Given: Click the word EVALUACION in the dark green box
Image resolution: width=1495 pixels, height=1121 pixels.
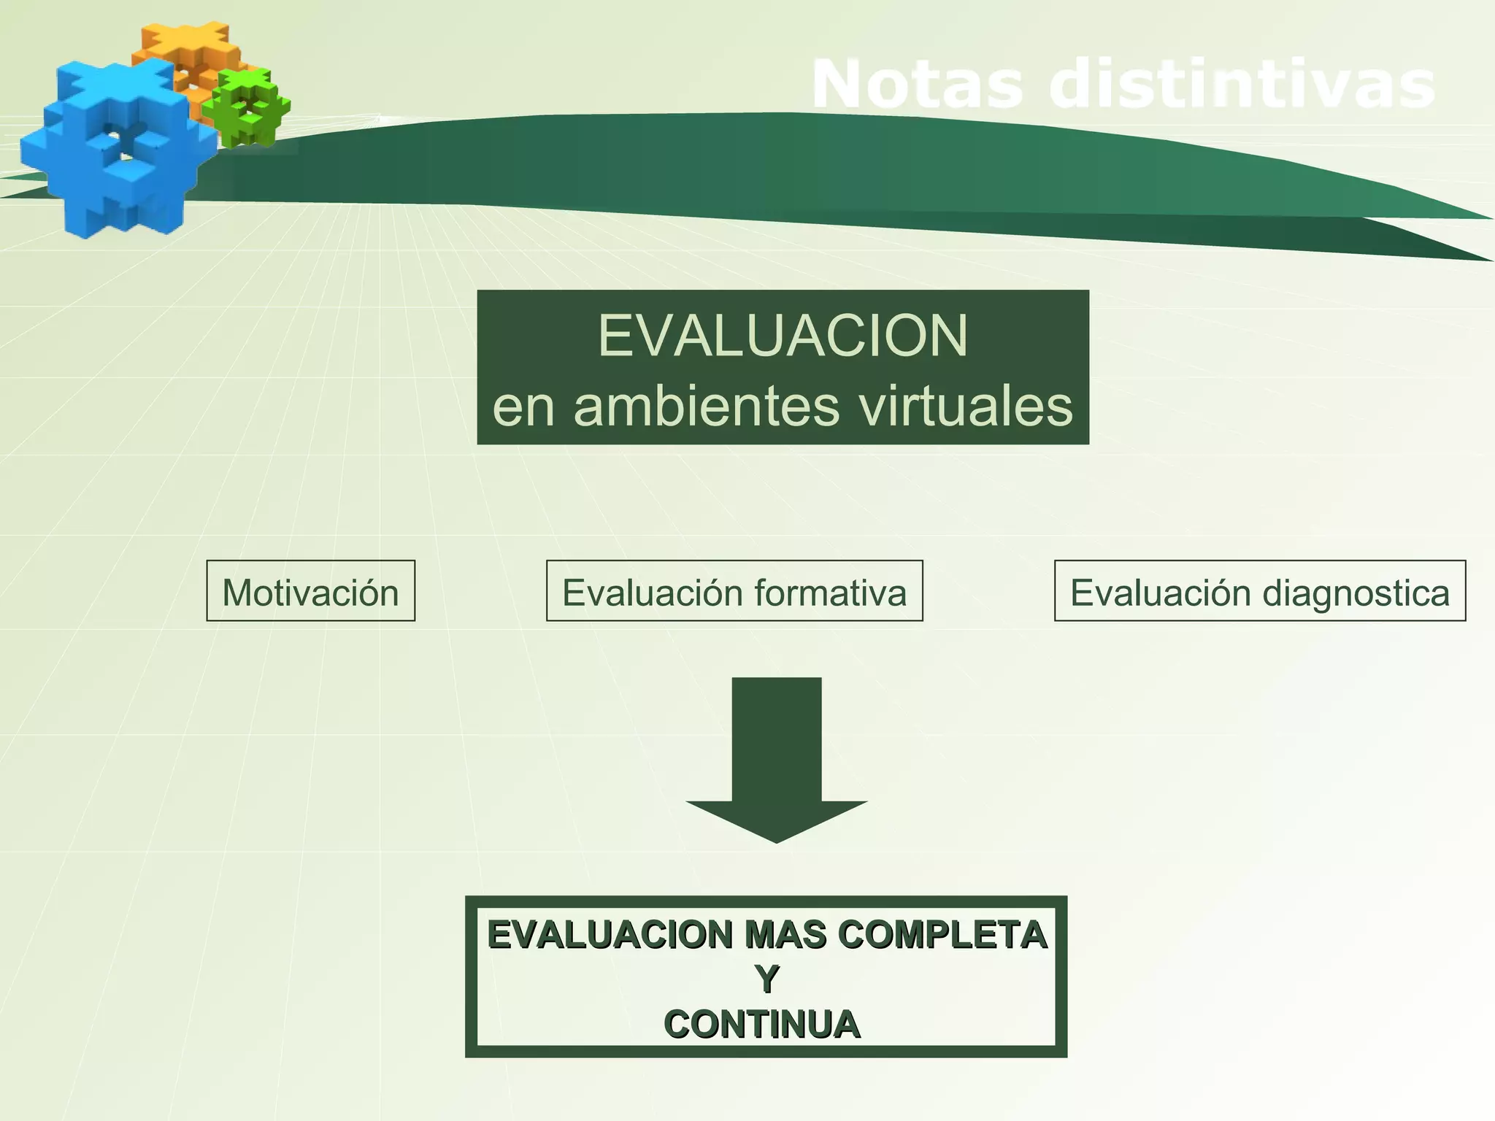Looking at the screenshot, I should [783, 336].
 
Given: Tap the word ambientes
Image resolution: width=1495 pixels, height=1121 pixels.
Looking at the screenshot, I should [706, 406].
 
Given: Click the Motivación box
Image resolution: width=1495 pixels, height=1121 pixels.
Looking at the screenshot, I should [310, 591].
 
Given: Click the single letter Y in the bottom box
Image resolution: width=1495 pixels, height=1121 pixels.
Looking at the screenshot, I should [766, 979].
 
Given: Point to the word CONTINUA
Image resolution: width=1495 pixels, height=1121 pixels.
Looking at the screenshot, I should [762, 1025].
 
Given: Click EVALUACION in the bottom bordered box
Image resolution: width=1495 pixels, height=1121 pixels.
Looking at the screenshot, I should [610, 936].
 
